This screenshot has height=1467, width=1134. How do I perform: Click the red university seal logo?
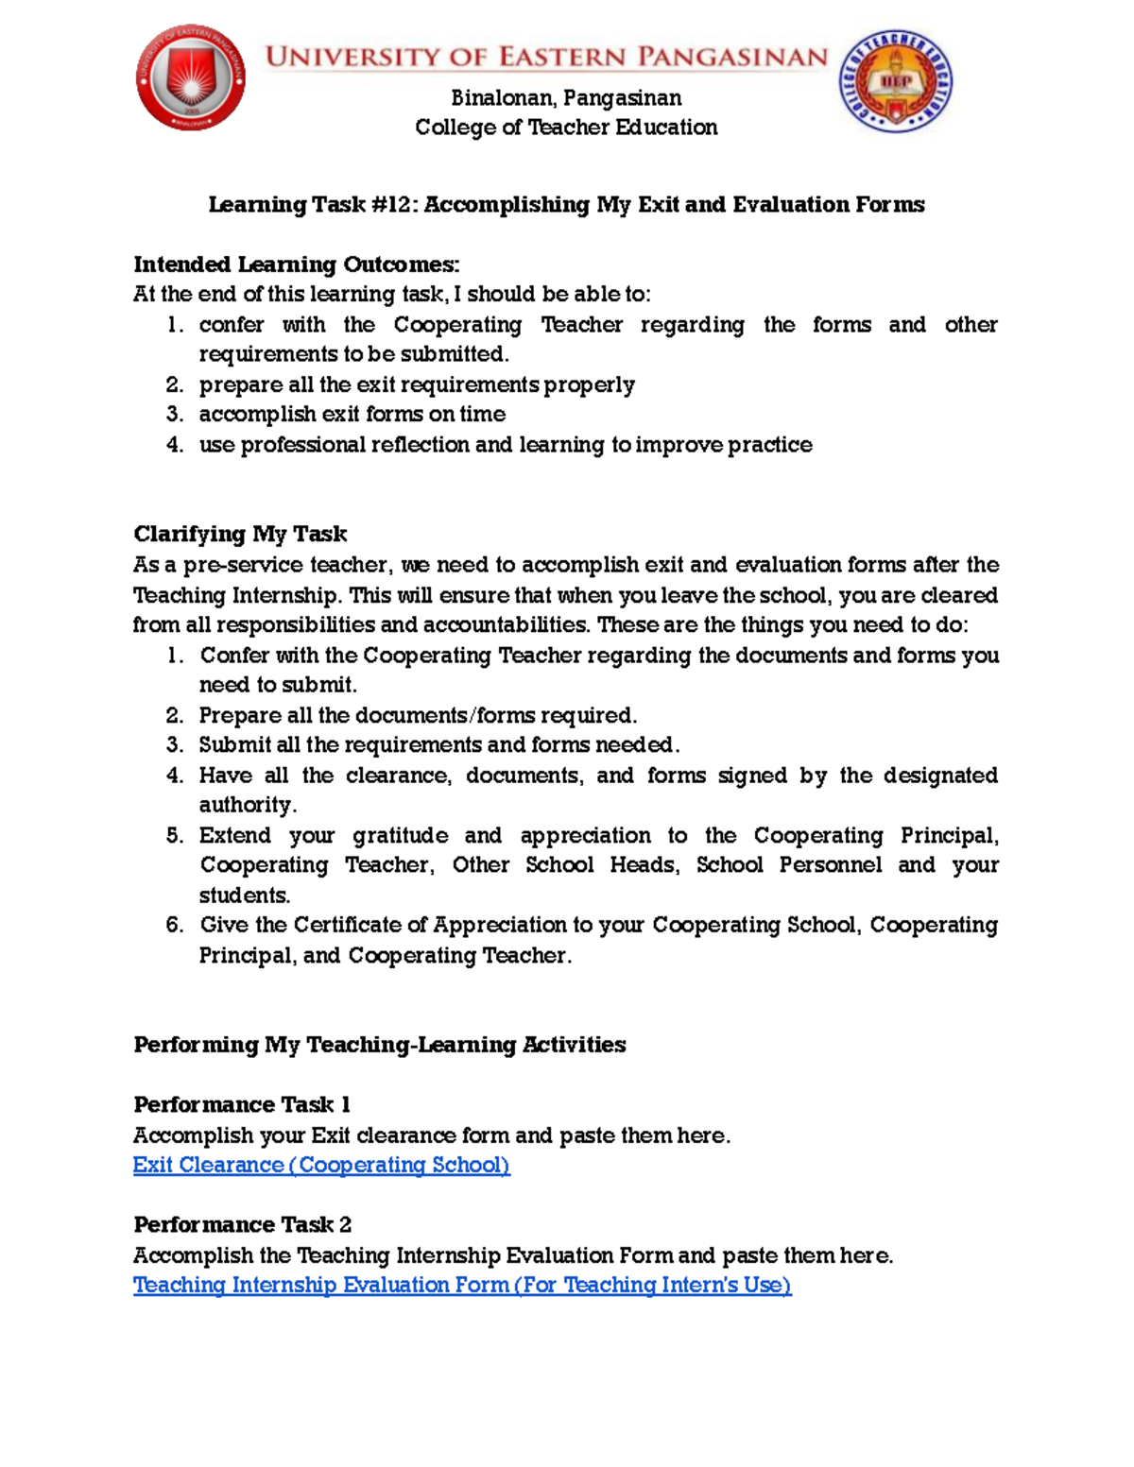[x=191, y=77]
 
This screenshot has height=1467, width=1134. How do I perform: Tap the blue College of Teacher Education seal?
[x=895, y=80]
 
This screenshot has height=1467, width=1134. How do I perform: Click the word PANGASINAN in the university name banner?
[x=732, y=57]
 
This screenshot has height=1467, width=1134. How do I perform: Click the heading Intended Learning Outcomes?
[x=296, y=264]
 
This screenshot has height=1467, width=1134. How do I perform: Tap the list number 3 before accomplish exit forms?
[x=174, y=415]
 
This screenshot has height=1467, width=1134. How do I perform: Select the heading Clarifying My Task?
[x=240, y=535]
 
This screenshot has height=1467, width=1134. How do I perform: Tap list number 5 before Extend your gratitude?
[x=174, y=836]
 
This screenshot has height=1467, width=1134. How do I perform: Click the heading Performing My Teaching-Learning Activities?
[x=379, y=1045]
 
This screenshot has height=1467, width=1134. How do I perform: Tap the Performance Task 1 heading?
[x=241, y=1105]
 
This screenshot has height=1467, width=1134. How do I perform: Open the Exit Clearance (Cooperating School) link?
[x=321, y=1166]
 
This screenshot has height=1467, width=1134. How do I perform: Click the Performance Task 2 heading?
[x=242, y=1225]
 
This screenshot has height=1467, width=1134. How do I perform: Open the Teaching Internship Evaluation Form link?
[x=461, y=1286]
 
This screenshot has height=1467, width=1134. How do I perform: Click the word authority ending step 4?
[x=247, y=806]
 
